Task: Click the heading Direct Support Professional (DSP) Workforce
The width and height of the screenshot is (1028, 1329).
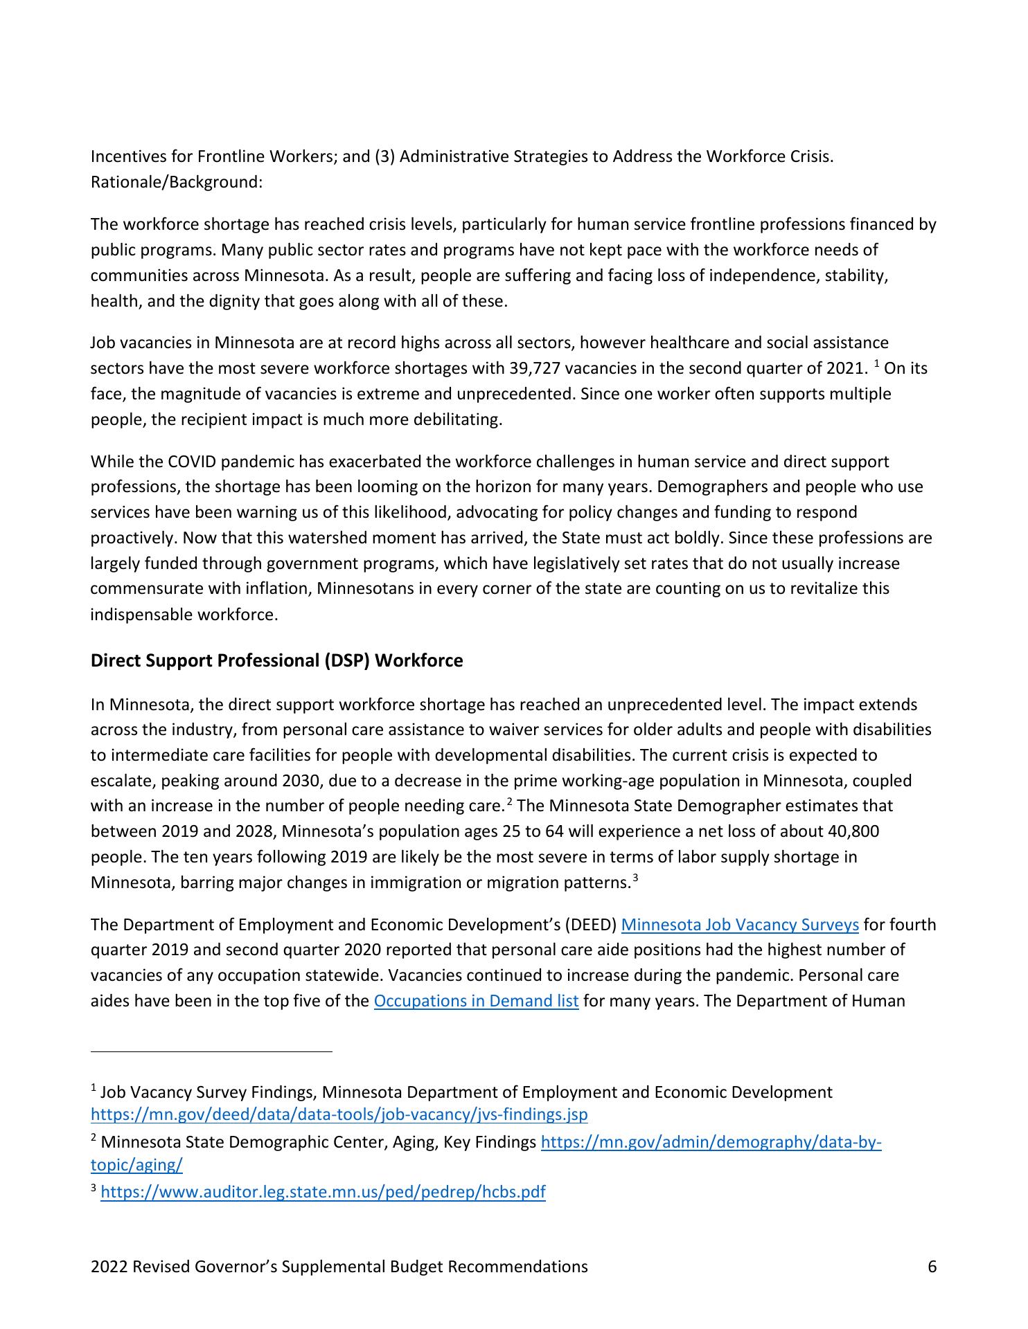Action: tap(276, 660)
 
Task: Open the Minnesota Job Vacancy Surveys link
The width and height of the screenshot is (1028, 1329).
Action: tap(740, 925)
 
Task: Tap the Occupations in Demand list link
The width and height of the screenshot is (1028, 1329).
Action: tap(476, 1001)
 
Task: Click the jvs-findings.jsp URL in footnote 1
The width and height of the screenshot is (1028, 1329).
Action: tap(339, 1114)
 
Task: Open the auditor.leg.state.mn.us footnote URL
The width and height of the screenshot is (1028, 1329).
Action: tap(323, 1192)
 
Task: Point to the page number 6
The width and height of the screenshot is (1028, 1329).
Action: tap(932, 1267)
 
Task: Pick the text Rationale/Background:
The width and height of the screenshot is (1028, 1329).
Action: tap(177, 182)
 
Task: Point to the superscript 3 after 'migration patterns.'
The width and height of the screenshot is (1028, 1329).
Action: tap(634, 878)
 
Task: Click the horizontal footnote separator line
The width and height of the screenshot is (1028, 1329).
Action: tap(211, 1052)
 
